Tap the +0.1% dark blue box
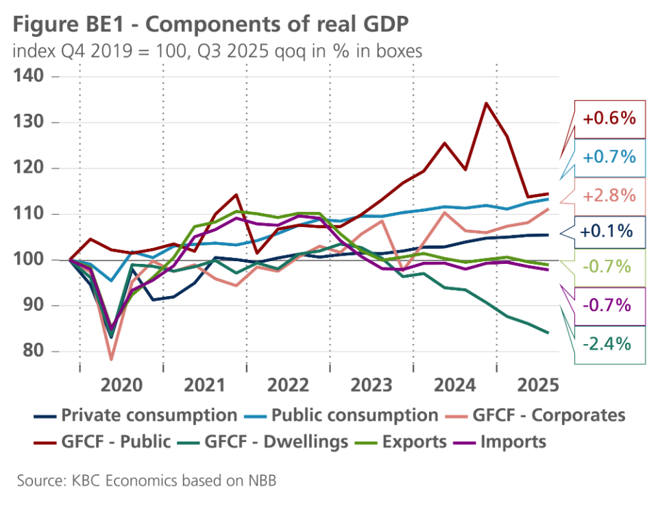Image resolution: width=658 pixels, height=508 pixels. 606,232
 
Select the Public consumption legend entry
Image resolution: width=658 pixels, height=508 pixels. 354,415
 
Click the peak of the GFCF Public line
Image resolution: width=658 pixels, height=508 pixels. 485,104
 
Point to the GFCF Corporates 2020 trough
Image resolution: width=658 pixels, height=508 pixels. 111,359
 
